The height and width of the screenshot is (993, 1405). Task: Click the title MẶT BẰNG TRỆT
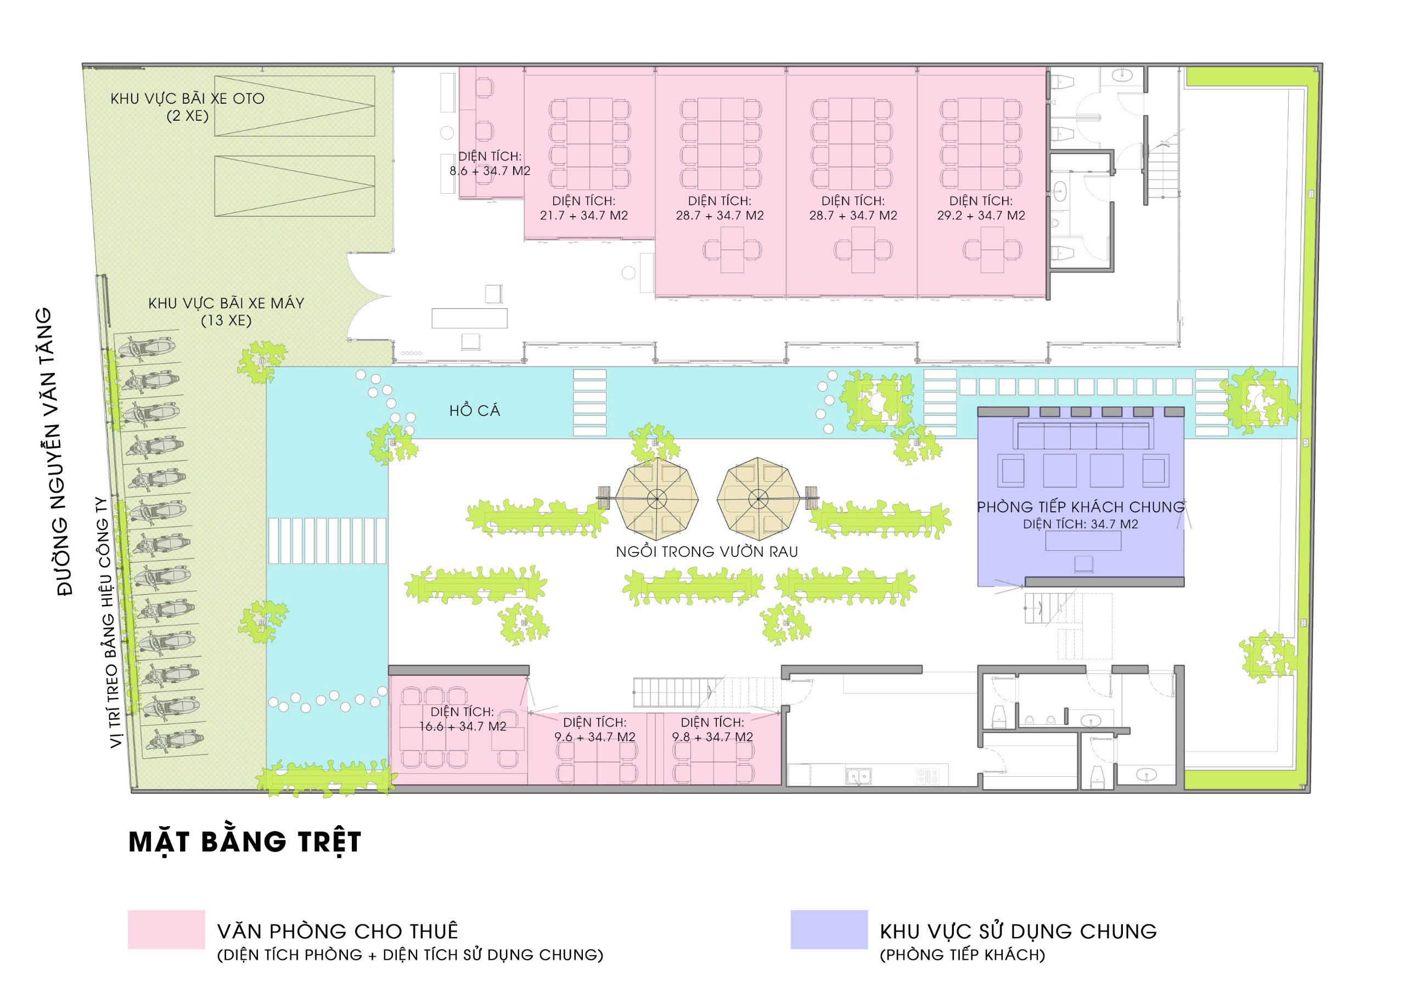(x=245, y=841)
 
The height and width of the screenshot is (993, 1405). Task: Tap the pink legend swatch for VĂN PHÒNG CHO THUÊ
(x=166, y=929)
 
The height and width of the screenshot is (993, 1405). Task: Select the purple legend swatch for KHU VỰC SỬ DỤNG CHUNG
(x=829, y=929)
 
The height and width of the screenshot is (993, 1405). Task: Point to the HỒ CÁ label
(x=475, y=410)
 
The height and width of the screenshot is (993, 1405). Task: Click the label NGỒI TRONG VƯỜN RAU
(x=707, y=552)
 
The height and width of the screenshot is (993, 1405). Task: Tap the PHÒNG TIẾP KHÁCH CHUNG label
(x=1081, y=507)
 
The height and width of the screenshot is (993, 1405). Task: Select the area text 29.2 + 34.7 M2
(x=981, y=216)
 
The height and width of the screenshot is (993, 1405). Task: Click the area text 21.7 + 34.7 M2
(x=584, y=216)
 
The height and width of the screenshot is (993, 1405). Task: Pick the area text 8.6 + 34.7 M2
(x=490, y=171)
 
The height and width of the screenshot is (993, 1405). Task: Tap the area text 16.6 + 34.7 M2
(x=463, y=726)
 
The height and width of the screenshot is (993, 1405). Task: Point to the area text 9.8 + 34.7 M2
(x=712, y=737)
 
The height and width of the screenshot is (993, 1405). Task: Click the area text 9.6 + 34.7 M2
(x=595, y=737)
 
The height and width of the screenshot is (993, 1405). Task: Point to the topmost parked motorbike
(x=148, y=347)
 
